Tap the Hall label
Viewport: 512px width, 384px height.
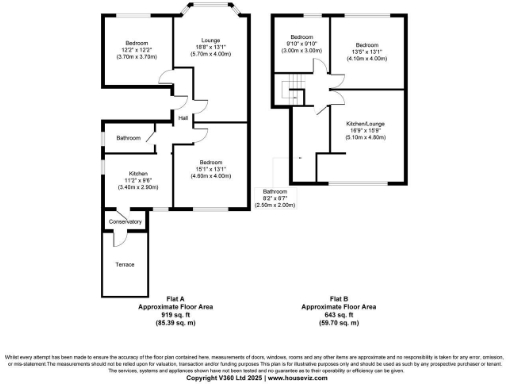coord(183,120)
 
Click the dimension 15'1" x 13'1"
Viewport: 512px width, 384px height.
coord(210,169)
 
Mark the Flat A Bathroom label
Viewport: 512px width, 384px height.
coord(127,137)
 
